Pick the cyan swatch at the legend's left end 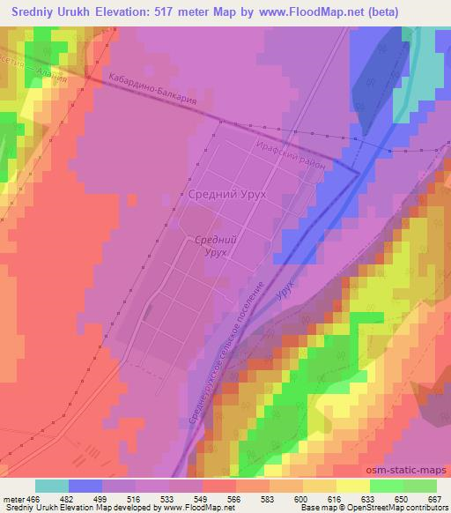click(52, 486)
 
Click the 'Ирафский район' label click(291, 150)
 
